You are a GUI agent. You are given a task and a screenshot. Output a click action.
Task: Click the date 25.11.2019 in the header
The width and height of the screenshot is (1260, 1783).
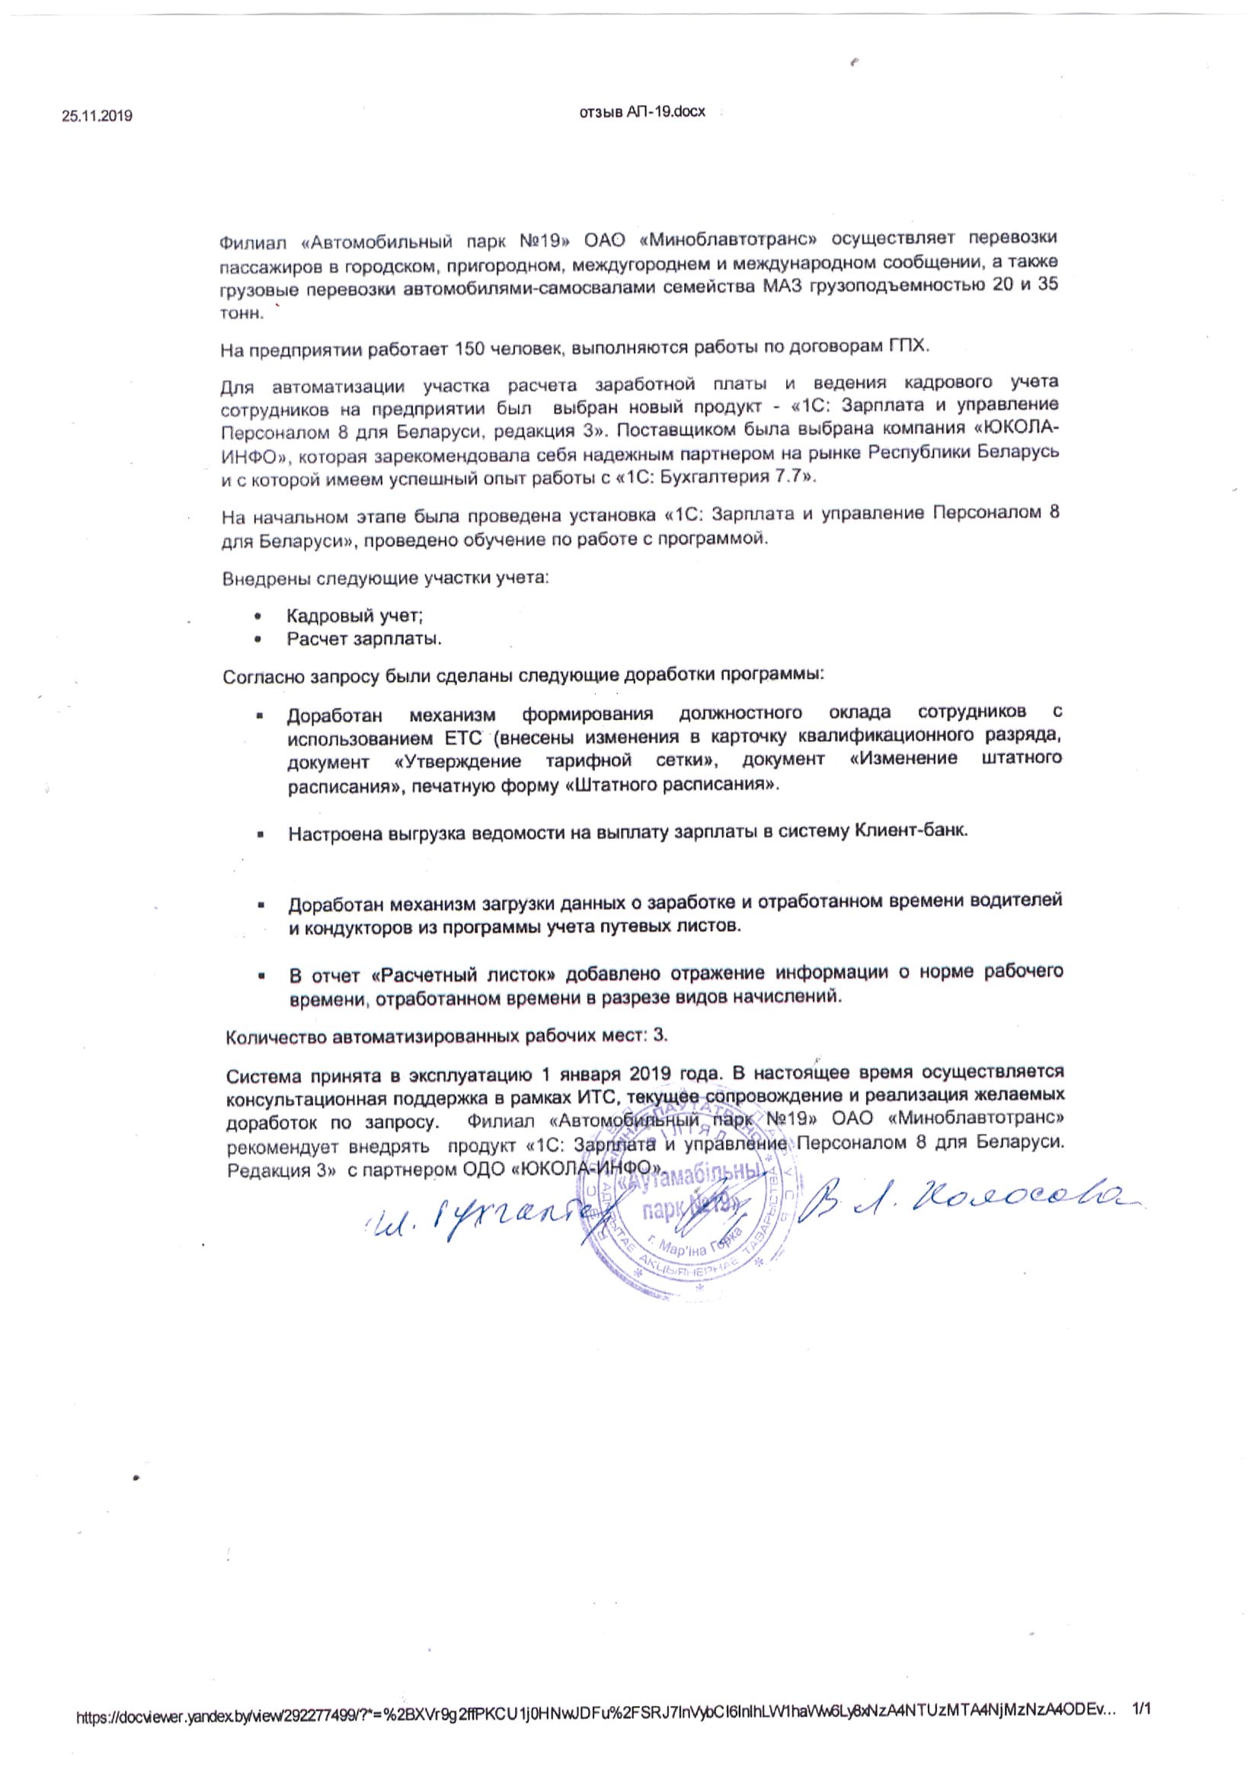click(x=97, y=117)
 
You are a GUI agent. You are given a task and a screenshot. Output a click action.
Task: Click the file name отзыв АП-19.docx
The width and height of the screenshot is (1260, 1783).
click(x=643, y=112)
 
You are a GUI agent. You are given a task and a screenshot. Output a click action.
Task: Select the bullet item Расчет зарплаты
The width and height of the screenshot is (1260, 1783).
click(x=364, y=640)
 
